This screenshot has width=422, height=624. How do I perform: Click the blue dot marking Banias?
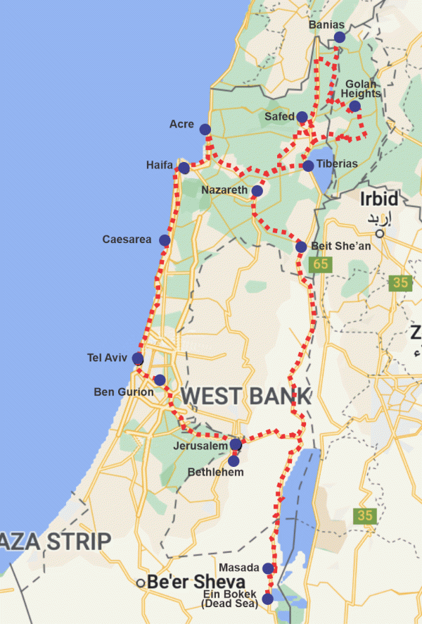(x=340, y=37)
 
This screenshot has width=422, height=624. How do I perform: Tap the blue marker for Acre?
(x=205, y=129)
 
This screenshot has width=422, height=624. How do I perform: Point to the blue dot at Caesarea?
(x=165, y=240)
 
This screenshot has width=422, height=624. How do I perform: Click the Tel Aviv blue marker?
(x=138, y=359)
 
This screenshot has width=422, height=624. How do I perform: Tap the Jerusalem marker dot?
(x=236, y=444)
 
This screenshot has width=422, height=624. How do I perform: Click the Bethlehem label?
(x=216, y=472)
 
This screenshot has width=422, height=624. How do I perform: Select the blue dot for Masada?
(x=268, y=568)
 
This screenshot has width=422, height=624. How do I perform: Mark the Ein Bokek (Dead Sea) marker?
(x=267, y=599)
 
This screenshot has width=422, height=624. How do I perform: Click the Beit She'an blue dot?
(x=300, y=247)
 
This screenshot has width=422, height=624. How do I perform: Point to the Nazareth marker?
(x=257, y=191)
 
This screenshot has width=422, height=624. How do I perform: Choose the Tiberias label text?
(x=338, y=163)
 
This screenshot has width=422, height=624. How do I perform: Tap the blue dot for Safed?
(x=302, y=117)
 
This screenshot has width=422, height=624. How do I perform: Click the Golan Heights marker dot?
(x=354, y=106)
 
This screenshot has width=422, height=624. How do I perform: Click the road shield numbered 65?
(x=321, y=265)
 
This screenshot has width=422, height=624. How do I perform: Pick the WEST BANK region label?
(x=246, y=396)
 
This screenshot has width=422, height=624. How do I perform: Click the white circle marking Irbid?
(x=379, y=233)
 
